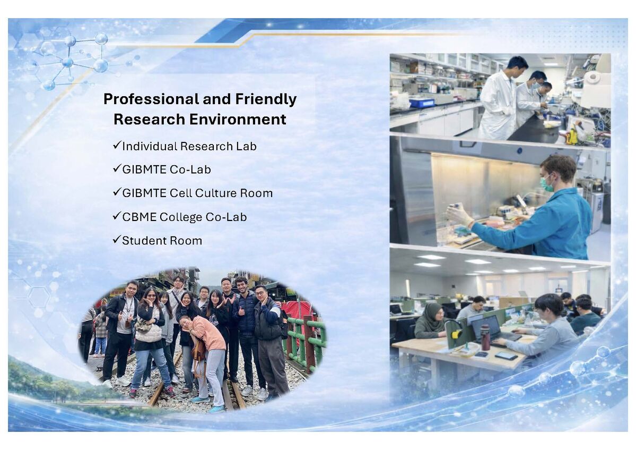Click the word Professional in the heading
[x=151, y=99]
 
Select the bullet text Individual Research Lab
[x=189, y=146]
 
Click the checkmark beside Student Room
[x=117, y=239]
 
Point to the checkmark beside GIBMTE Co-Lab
[x=117, y=168]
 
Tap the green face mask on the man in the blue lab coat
[x=546, y=184]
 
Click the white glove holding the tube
[x=459, y=215]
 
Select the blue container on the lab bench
[x=421, y=103]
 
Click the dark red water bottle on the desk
[x=485, y=337]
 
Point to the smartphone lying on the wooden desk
[x=506, y=356]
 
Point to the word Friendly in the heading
[x=266, y=99]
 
